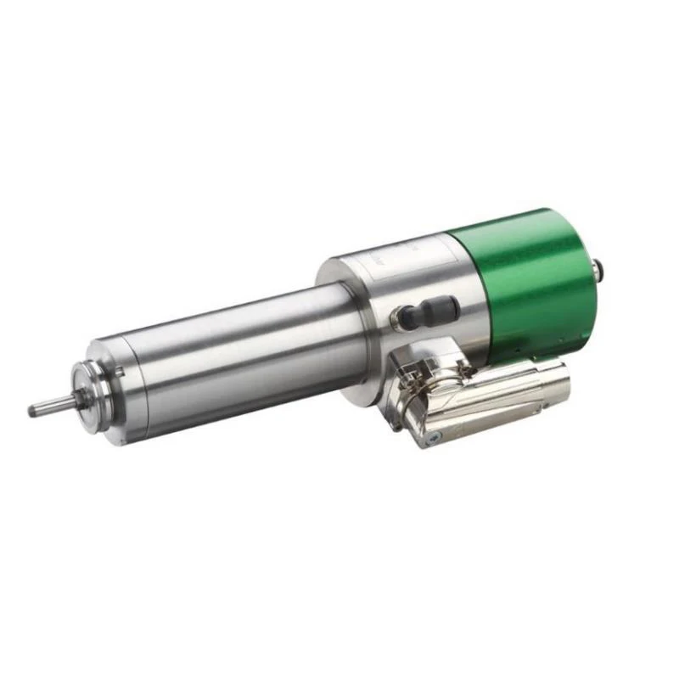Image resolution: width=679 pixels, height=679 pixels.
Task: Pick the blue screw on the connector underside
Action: pos(434,433)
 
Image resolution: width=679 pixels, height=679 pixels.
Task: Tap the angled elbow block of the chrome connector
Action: pos(424,403)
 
